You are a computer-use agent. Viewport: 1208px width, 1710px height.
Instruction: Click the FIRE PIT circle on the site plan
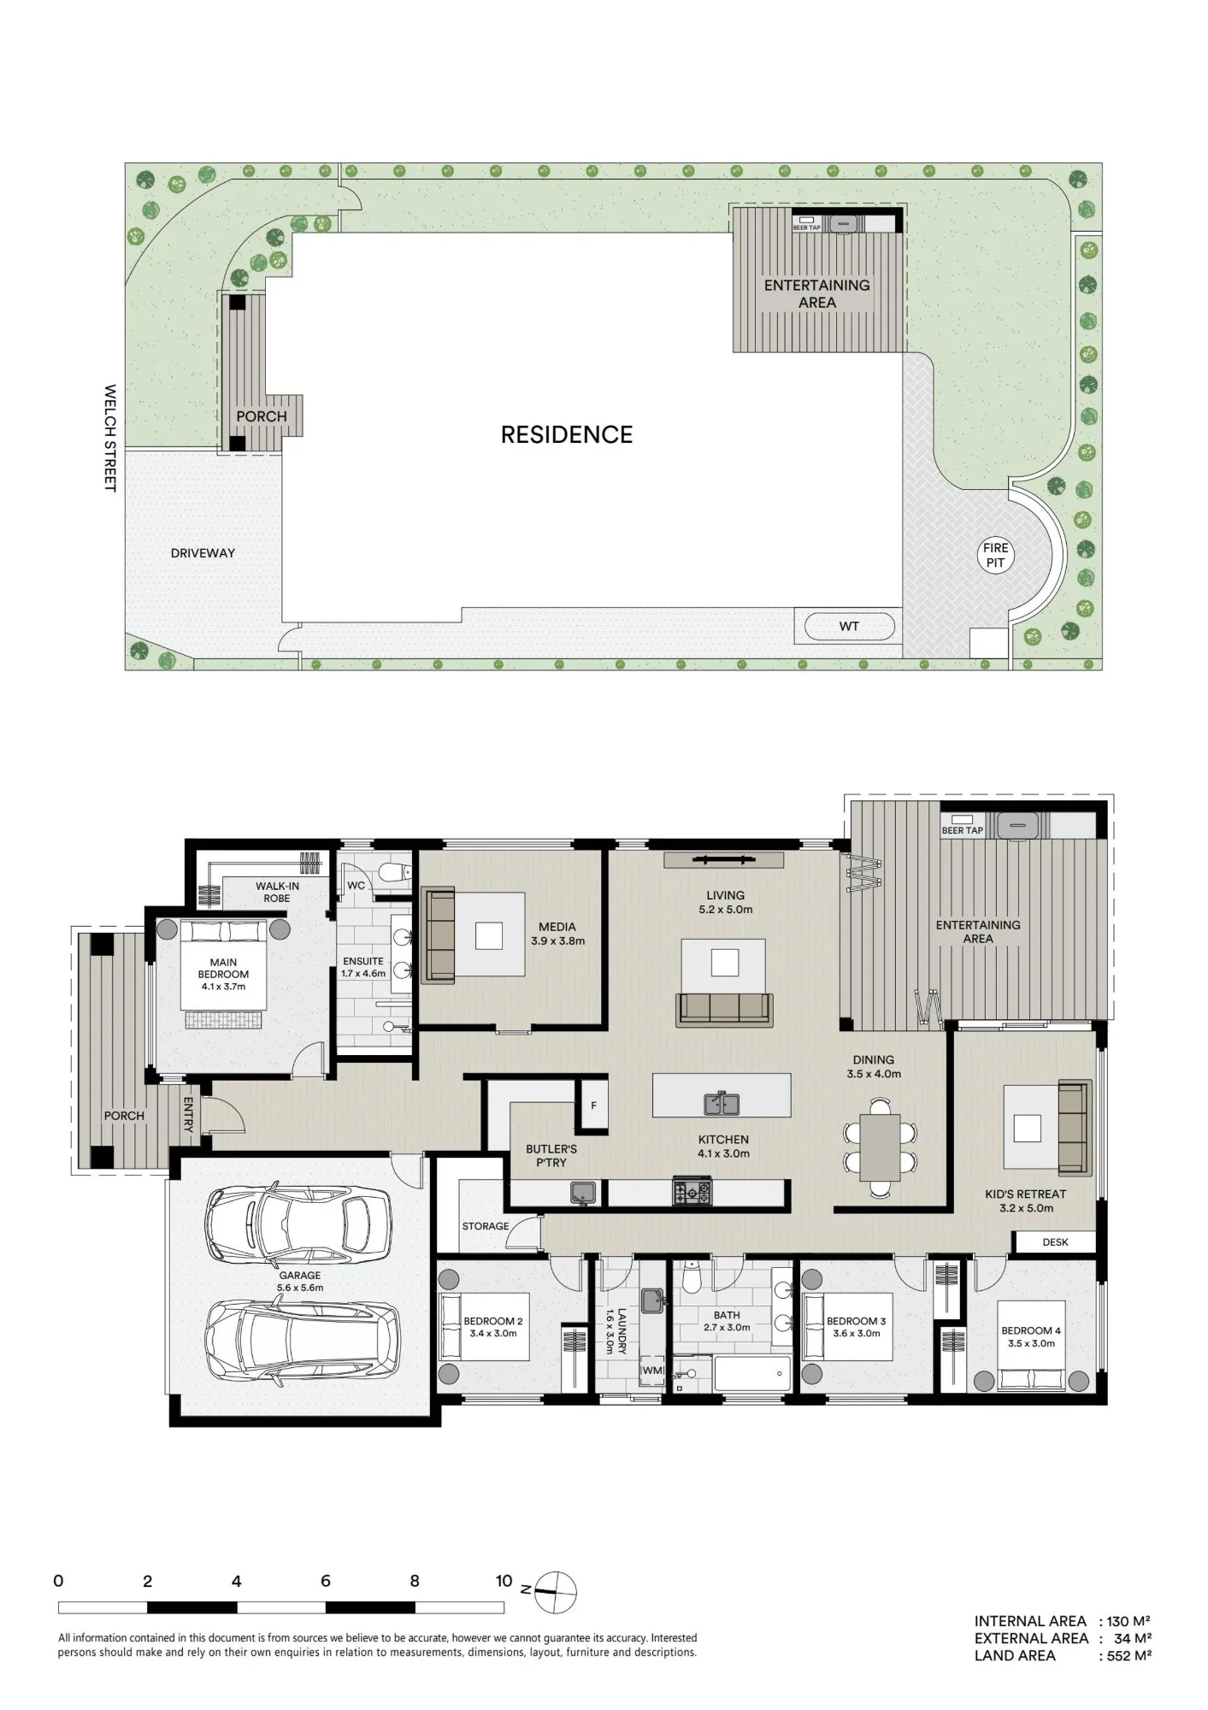click(x=995, y=556)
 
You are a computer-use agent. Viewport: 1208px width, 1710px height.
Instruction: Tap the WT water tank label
click(x=849, y=626)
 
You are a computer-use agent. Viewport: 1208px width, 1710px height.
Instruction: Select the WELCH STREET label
click(x=109, y=438)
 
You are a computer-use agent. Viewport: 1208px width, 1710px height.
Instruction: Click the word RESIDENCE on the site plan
click(x=567, y=434)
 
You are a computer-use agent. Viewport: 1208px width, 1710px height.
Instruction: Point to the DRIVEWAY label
click(x=203, y=553)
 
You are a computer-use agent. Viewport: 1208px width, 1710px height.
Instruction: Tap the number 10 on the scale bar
click(x=504, y=1581)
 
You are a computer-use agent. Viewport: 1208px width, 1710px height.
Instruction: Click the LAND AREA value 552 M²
click(x=1129, y=1655)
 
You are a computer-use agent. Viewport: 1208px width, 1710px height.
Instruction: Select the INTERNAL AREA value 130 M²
click(x=1129, y=1621)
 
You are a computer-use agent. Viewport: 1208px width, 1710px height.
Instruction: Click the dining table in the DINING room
click(x=881, y=1147)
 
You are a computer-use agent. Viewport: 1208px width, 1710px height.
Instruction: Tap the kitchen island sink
click(x=722, y=1104)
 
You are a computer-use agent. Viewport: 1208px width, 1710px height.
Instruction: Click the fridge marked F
click(x=593, y=1106)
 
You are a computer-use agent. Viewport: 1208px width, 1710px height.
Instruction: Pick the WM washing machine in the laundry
click(x=652, y=1371)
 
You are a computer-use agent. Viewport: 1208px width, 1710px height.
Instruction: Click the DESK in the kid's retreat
click(x=1055, y=1242)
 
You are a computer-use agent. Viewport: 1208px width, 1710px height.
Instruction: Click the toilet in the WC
click(x=392, y=872)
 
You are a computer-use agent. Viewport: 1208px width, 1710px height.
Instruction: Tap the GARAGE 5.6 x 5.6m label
click(x=300, y=1281)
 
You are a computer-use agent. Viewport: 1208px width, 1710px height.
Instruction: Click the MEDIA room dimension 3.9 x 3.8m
click(x=558, y=941)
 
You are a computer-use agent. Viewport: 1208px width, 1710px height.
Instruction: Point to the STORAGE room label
click(x=486, y=1226)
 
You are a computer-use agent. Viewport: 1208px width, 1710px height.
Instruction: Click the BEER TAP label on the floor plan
click(x=963, y=830)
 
